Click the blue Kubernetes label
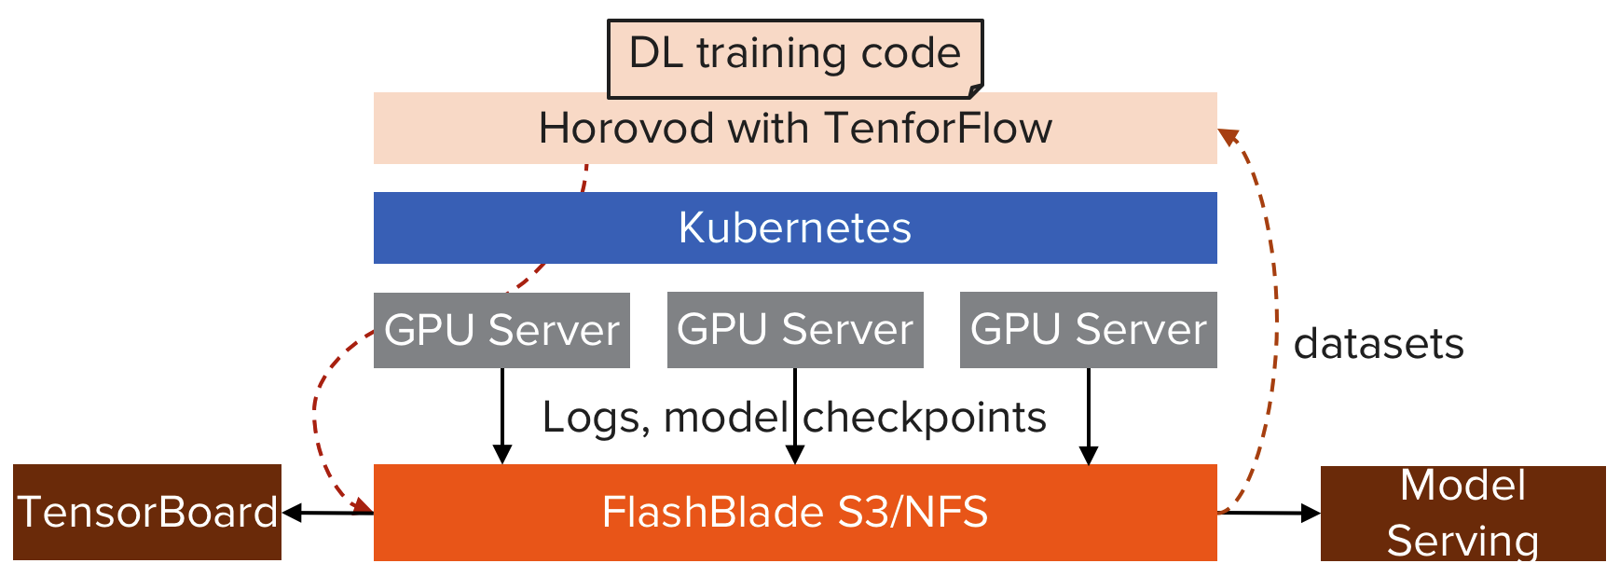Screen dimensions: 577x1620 point(794,228)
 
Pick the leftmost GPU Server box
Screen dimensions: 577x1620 point(501,330)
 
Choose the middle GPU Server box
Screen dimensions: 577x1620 point(794,330)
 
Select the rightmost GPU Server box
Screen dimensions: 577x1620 point(1088,330)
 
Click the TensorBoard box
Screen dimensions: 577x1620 point(147,512)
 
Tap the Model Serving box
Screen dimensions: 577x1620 point(1462,513)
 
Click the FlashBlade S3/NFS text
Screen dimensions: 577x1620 point(794,513)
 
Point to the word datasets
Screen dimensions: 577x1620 point(1379,344)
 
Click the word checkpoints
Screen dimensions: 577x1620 point(925,417)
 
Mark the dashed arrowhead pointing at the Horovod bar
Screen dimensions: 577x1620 point(1228,136)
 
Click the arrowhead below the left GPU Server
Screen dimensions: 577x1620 point(501,454)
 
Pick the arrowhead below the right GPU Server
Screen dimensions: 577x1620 point(1088,454)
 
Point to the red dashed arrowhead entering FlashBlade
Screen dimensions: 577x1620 point(363,506)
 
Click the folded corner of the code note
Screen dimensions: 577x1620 point(975,90)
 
